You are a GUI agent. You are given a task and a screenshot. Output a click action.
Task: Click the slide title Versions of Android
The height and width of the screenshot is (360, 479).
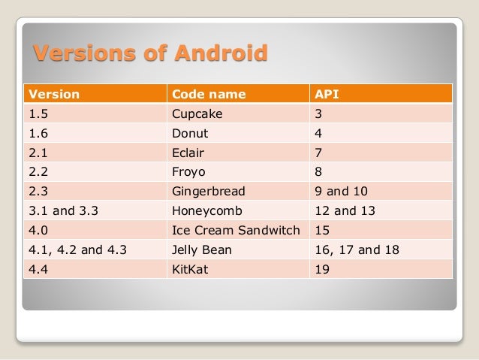(x=149, y=54)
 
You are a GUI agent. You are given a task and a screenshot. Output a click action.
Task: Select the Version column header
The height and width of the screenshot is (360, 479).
(x=53, y=95)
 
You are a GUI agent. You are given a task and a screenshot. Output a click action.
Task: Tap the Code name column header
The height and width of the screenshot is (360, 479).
(x=209, y=95)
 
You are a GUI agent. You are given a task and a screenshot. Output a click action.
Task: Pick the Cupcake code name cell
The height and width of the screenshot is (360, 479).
(x=197, y=114)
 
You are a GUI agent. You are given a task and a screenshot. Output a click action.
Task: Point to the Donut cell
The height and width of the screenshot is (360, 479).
(x=190, y=134)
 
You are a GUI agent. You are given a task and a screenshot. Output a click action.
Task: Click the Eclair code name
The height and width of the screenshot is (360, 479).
(x=188, y=153)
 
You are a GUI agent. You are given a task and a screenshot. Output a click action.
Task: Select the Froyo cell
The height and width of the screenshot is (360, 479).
(x=188, y=172)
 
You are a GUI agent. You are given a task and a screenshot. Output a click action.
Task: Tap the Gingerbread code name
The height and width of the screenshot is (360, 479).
(x=208, y=191)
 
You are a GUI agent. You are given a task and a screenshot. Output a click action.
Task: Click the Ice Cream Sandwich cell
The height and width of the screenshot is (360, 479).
(x=236, y=230)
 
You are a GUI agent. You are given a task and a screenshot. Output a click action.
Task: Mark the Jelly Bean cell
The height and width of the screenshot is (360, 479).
(x=202, y=249)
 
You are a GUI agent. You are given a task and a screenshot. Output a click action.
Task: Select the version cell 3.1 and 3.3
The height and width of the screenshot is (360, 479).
(x=63, y=210)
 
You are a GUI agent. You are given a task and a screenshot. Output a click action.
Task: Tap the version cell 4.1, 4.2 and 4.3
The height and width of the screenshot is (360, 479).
(x=76, y=249)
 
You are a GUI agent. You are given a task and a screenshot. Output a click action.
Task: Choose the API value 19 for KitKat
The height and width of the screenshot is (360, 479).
(x=323, y=268)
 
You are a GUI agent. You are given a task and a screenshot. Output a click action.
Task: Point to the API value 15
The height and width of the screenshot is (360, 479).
(x=323, y=230)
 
